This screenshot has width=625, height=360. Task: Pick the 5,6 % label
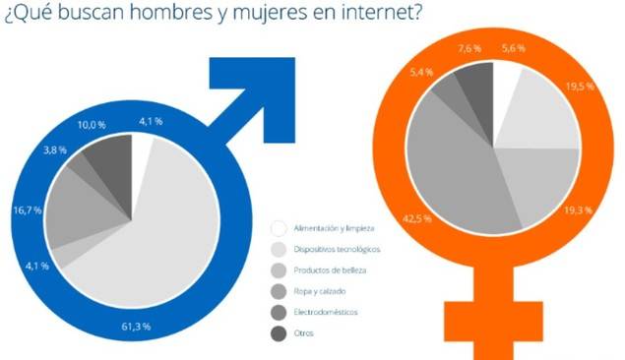(x=512, y=45)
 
